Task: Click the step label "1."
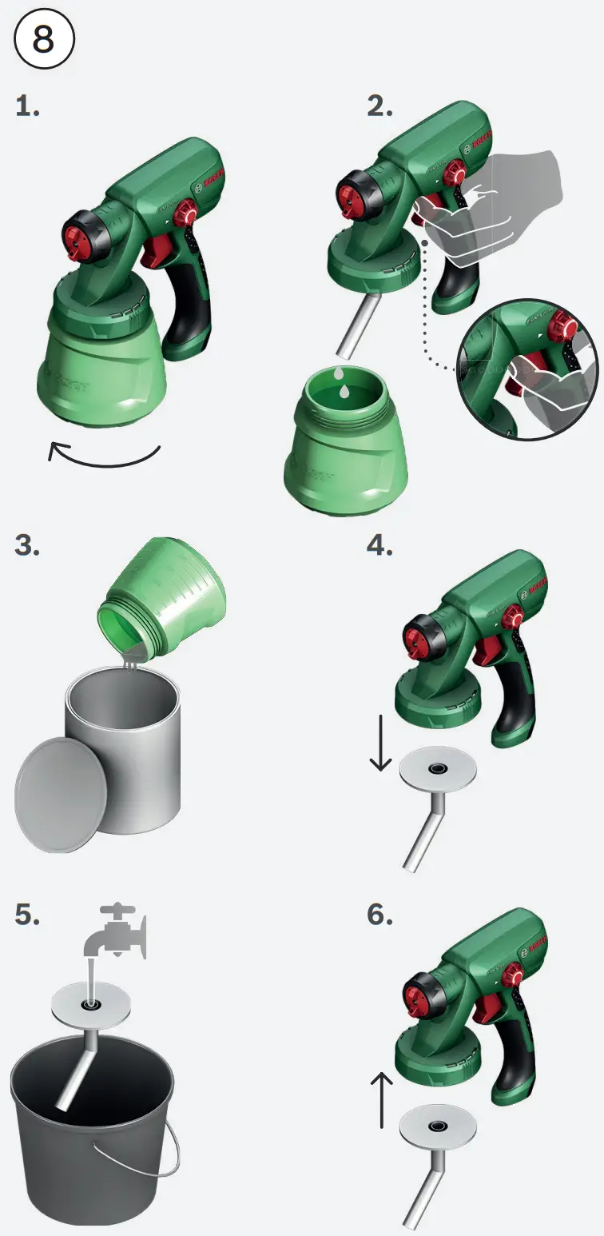click(x=27, y=106)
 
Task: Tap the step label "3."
click(x=27, y=545)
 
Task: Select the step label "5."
click(x=27, y=915)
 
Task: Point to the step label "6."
click(x=380, y=915)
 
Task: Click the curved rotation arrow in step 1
click(x=104, y=457)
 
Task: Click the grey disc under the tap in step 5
click(x=91, y=1002)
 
